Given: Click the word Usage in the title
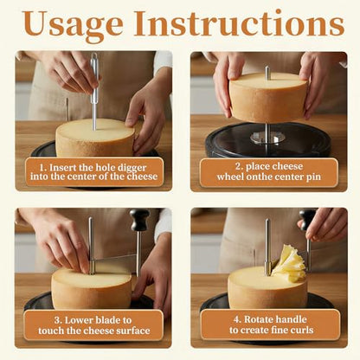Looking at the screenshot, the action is (73, 25).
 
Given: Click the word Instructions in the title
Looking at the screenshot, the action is (239, 23).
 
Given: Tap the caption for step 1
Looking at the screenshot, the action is (94, 172).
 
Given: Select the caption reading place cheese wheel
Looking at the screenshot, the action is (269, 171).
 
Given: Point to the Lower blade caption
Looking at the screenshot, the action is (93, 325).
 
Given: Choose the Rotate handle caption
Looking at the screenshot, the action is (271, 325).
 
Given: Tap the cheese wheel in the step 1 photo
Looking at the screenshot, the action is (95, 138).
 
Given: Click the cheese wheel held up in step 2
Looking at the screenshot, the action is (268, 97).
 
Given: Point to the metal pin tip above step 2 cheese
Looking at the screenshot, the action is (267, 68).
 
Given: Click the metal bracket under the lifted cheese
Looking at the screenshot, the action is (267, 138).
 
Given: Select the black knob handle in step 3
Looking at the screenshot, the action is (139, 220).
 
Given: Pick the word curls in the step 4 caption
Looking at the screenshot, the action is (300, 330).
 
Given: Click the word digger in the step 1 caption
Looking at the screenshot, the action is (132, 168).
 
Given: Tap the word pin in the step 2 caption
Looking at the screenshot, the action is (314, 177).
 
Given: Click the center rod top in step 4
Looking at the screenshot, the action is (267, 221).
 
